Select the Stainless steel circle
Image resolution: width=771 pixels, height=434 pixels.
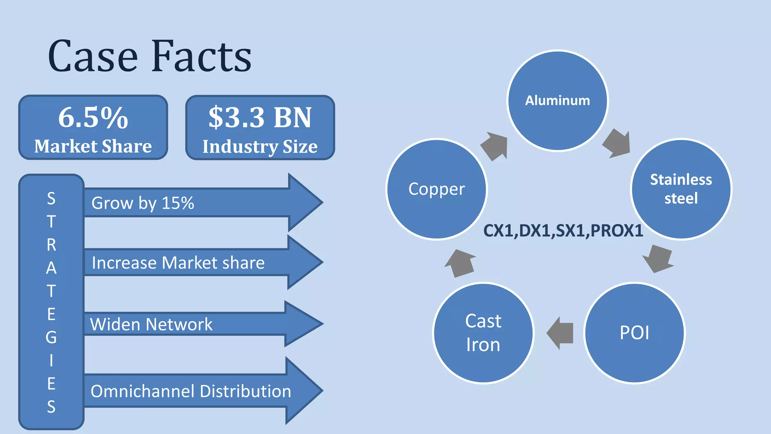point(681,189)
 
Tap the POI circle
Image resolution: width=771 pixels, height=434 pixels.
point(634,333)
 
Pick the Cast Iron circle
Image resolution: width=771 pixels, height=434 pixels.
point(483,333)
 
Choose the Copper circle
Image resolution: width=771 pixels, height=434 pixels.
point(437,189)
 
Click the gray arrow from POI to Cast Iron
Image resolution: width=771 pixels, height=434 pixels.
point(561,333)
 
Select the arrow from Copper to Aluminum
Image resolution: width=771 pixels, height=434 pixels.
point(495,146)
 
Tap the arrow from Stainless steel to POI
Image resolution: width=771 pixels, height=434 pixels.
point(658,258)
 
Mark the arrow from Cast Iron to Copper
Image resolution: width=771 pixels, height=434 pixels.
point(460,263)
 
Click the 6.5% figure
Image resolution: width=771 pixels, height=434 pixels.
point(93,118)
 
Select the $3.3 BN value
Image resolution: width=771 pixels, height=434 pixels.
point(260,118)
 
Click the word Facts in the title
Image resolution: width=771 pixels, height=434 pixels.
point(201,57)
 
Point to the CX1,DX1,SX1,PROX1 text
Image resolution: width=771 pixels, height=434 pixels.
point(563,231)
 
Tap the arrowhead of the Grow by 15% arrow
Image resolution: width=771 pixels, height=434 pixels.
point(305,202)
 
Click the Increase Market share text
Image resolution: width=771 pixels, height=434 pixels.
point(178,263)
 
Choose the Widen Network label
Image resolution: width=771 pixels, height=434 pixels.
point(151,324)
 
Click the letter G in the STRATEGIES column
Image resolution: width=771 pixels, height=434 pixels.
point(51,337)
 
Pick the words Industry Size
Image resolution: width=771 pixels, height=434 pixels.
point(260,146)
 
